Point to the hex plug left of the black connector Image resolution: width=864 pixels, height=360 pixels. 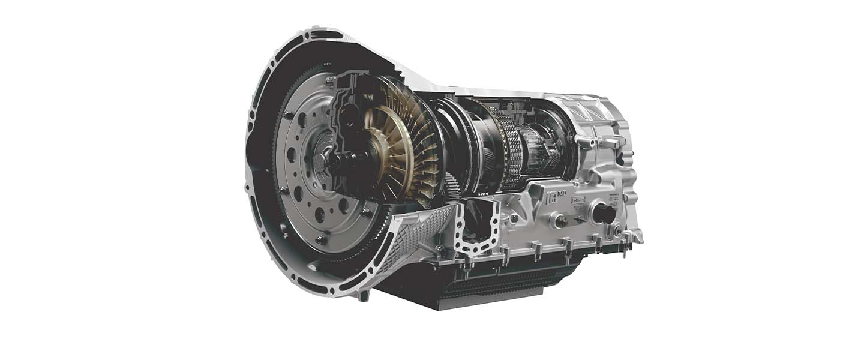coord(561,221)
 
